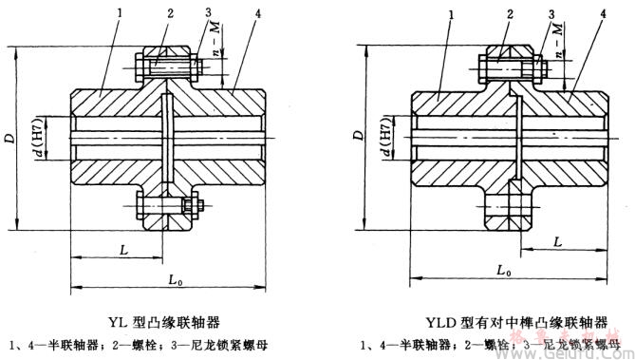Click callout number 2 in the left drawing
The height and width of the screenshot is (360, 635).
pos(169,15)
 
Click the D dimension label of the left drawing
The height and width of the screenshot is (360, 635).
pos(10,140)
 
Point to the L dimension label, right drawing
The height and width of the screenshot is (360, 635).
pos(557,242)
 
